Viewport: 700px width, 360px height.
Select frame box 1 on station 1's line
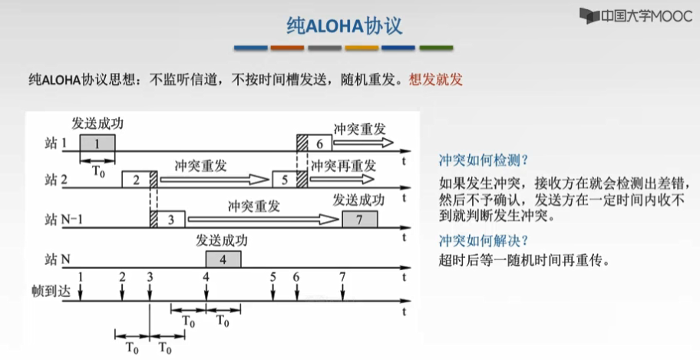tap(97, 143)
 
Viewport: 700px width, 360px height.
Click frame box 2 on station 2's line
tap(135, 180)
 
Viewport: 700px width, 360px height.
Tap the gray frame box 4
tap(223, 259)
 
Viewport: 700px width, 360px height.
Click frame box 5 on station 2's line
tap(283, 180)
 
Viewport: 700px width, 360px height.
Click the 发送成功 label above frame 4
tap(222, 240)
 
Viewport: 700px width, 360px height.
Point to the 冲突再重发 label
tap(343, 165)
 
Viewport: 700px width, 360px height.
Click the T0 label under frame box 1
tap(98, 170)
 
